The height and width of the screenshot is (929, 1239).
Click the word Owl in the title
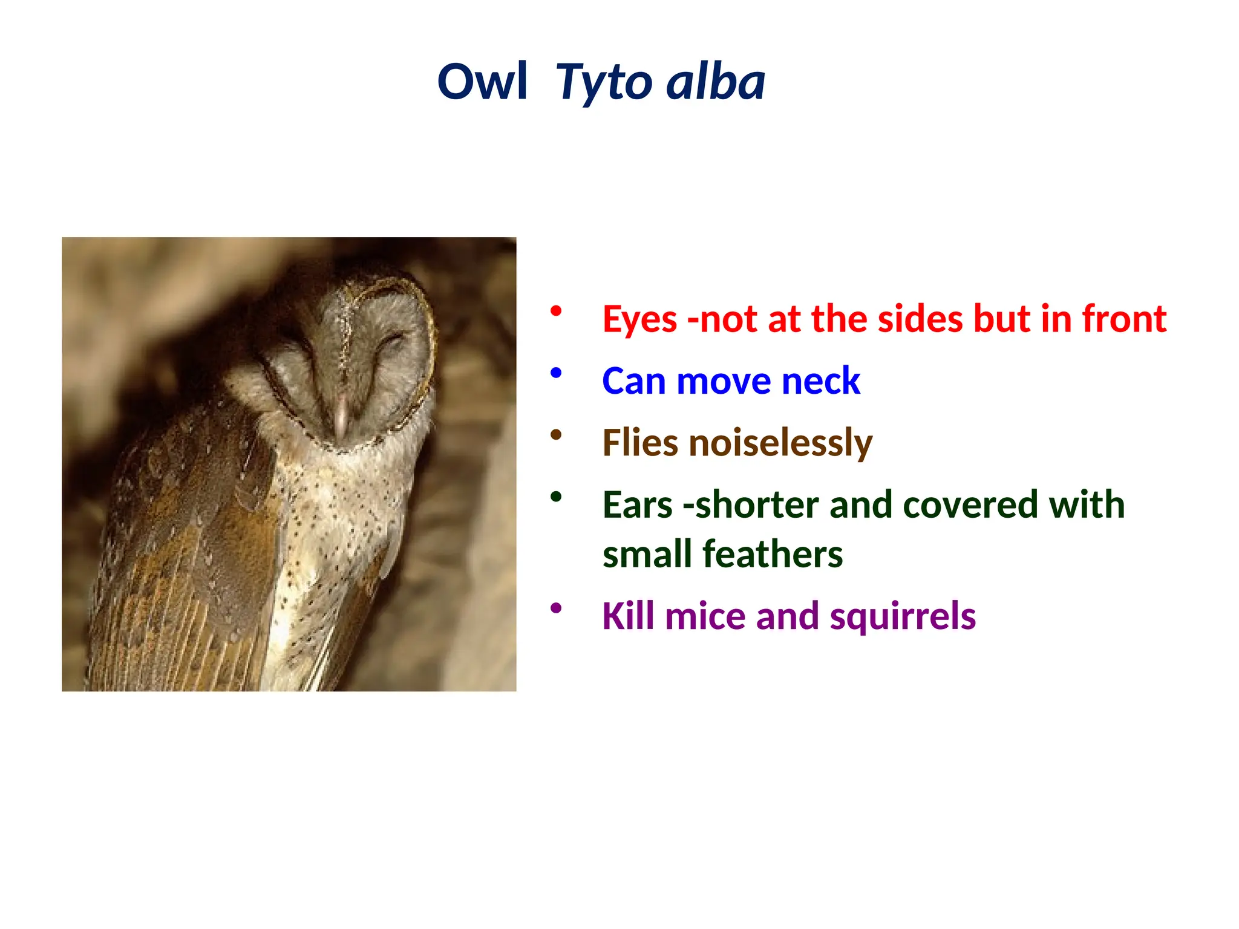click(x=482, y=82)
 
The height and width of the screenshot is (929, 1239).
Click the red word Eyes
click(x=639, y=320)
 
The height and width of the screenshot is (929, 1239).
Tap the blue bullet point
click(x=556, y=373)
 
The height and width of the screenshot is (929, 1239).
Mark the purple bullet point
click(x=556, y=608)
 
